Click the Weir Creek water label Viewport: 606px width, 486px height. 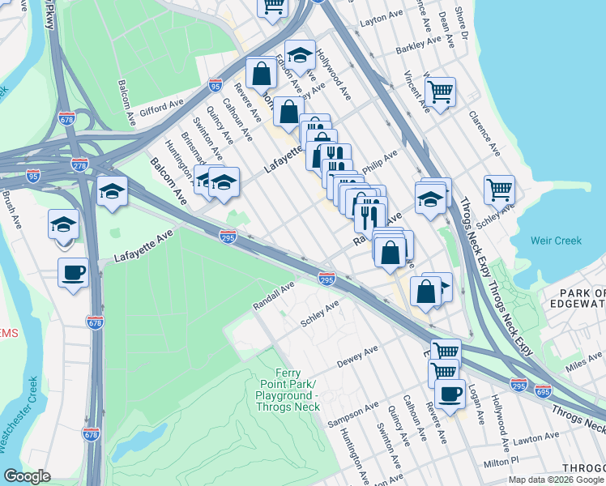click(x=556, y=241)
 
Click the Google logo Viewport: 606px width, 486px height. click(x=27, y=476)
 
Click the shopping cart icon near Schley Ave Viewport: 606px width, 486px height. click(x=499, y=190)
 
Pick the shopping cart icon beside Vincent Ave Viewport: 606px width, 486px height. click(x=440, y=91)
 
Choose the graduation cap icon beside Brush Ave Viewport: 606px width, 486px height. click(x=64, y=224)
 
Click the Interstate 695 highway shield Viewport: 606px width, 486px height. click(x=543, y=390)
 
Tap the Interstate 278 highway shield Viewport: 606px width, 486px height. click(x=79, y=164)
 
